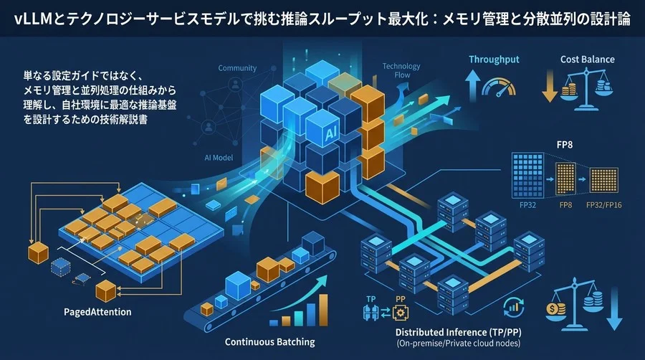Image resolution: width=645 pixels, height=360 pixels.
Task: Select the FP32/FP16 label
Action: [603, 205]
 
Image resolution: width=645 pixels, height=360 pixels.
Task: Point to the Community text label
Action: [237, 69]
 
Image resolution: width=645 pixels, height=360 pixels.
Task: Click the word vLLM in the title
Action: [32, 19]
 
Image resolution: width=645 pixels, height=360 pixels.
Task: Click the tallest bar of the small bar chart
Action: [314, 313]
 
